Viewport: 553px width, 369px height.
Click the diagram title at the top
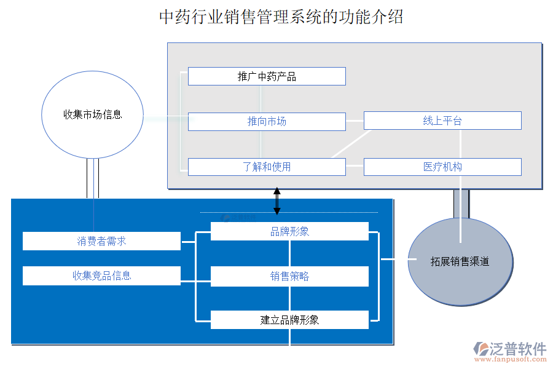point(281,17)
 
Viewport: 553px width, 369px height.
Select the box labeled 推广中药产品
point(267,76)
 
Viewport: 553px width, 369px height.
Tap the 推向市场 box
point(267,122)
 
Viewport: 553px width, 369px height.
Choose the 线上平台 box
point(442,121)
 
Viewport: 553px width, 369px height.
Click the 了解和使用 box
point(267,167)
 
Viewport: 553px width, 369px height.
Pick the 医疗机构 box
point(442,167)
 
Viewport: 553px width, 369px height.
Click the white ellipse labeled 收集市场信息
point(92,114)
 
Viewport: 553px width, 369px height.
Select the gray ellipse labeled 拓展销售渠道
point(460,261)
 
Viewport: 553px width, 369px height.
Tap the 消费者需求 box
point(101,241)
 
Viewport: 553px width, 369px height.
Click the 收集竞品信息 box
point(101,276)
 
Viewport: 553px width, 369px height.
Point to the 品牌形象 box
point(289,231)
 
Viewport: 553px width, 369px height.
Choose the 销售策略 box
point(289,276)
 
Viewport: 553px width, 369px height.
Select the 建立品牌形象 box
point(289,320)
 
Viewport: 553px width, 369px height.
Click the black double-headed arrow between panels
point(276,201)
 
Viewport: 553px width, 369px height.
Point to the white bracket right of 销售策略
point(377,276)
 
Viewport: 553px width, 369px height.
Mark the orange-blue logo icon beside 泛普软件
point(480,349)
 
